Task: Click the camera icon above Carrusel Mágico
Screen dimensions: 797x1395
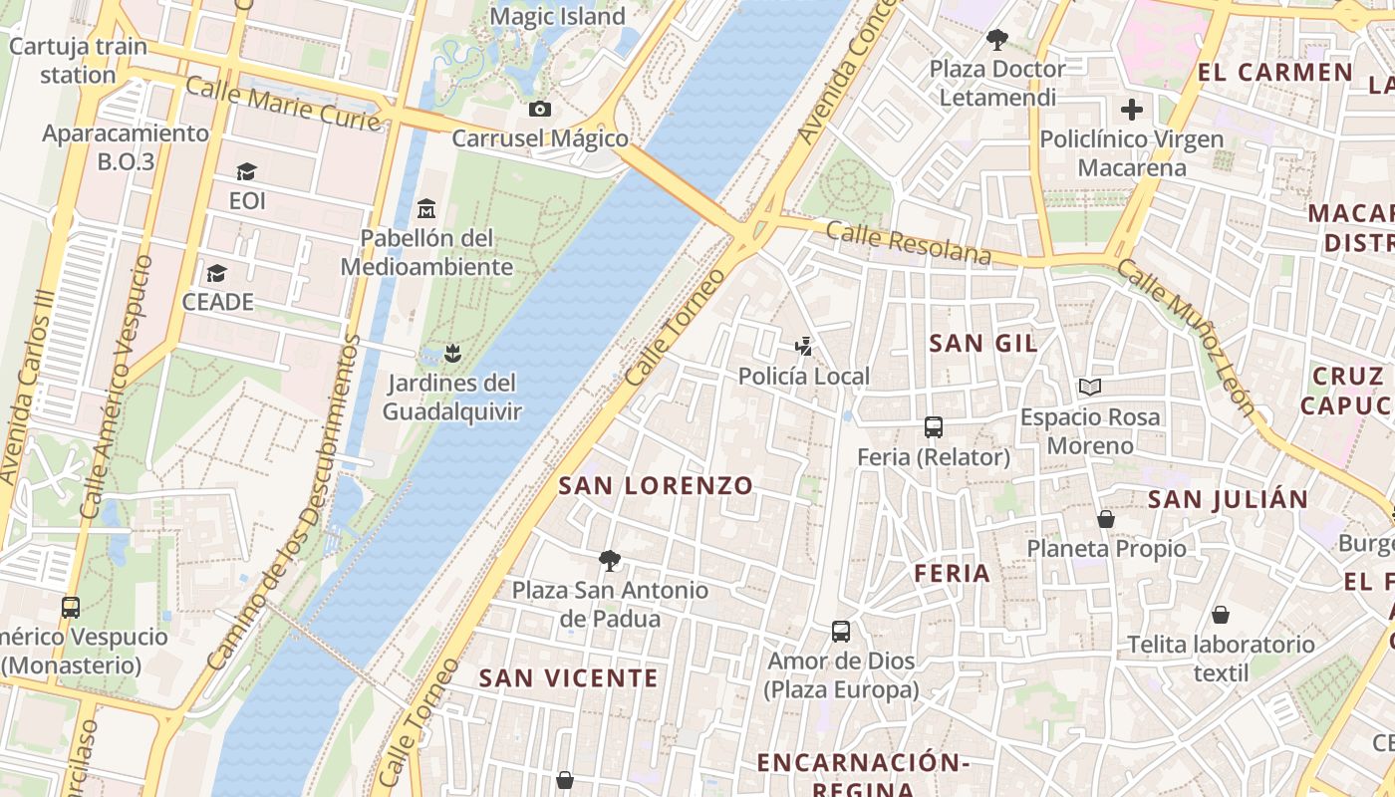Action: point(540,109)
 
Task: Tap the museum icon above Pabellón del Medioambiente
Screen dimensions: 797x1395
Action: point(426,209)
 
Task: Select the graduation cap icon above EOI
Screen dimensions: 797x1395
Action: point(247,172)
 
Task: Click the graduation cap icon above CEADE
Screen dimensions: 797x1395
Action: point(217,273)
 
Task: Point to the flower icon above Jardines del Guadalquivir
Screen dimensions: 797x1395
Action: point(452,353)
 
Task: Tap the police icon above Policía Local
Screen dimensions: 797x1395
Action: point(804,347)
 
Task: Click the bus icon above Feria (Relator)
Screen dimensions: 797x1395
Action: point(934,427)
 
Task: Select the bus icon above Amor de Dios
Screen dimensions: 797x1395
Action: point(841,632)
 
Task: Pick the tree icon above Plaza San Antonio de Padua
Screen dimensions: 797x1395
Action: point(610,561)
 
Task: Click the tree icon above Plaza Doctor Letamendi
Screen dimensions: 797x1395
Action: point(996,40)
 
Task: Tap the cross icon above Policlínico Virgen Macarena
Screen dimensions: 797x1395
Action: point(1132,110)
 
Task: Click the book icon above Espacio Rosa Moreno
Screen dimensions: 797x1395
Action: point(1090,388)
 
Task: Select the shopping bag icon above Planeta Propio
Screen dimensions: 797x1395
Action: point(1106,519)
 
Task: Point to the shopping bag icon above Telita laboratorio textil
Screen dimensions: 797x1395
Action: point(1221,615)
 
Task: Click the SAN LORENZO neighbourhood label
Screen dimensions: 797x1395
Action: point(656,486)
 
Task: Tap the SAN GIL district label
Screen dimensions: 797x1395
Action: point(983,344)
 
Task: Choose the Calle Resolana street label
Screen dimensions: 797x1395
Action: point(909,244)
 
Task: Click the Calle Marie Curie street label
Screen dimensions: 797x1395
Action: point(284,107)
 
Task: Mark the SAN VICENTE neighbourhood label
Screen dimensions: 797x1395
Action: point(569,678)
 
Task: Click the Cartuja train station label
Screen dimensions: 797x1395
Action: point(78,60)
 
